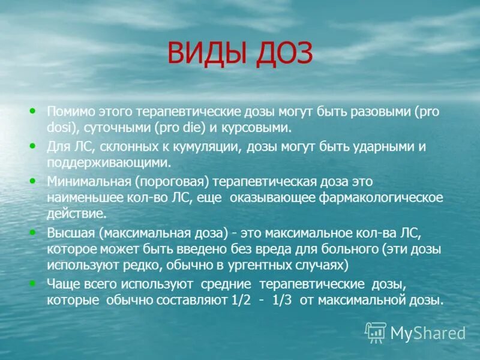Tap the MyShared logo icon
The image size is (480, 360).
tap(376, 332)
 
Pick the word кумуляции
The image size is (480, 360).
tap(206, 147)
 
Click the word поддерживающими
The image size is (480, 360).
tap(109, 162)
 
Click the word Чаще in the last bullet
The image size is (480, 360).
tap(61, 283)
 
